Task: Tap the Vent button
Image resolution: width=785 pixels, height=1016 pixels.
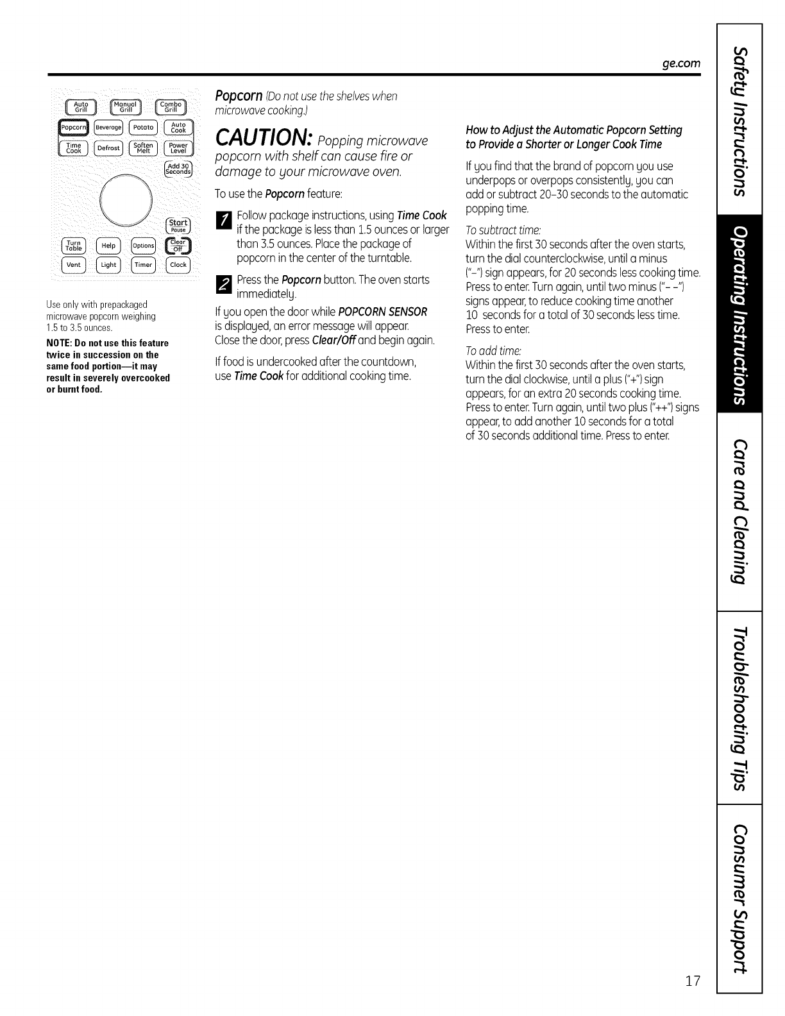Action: pos(73,264)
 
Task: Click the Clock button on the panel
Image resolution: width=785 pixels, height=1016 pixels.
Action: pos(178,264)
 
